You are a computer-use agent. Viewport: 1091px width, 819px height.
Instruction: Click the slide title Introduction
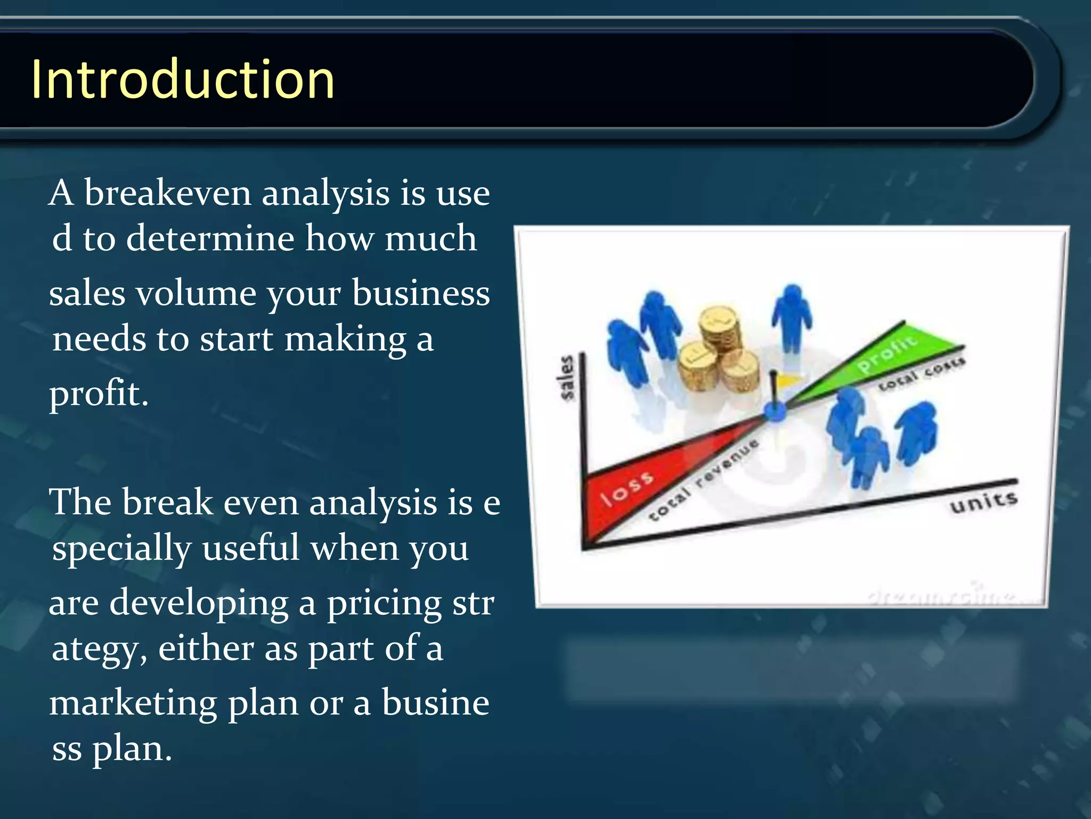(183, 80)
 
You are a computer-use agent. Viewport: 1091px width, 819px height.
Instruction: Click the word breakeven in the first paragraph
(167, 193)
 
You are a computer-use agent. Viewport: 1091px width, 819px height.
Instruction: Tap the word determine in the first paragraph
(210, 238)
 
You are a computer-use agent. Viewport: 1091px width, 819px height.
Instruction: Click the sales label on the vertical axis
(568, 378)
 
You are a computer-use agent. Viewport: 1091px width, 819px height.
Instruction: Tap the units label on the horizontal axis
(983, 502)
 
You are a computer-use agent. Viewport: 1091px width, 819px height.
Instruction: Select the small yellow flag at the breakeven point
(786, 380)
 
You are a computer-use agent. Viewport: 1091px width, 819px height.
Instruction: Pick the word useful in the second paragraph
(250, 548)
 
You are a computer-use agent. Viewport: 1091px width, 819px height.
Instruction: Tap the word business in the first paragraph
(421, 294)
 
